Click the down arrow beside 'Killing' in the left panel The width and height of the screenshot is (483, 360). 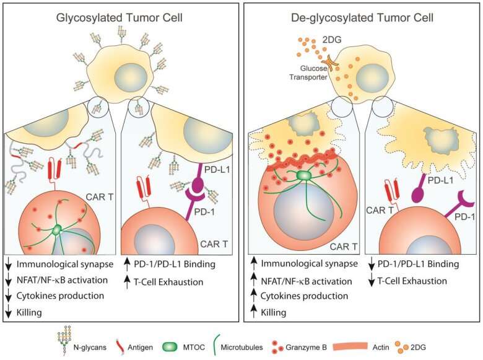click(x=10, y=312)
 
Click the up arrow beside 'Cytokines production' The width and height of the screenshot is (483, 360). click(x=252, y=296)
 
